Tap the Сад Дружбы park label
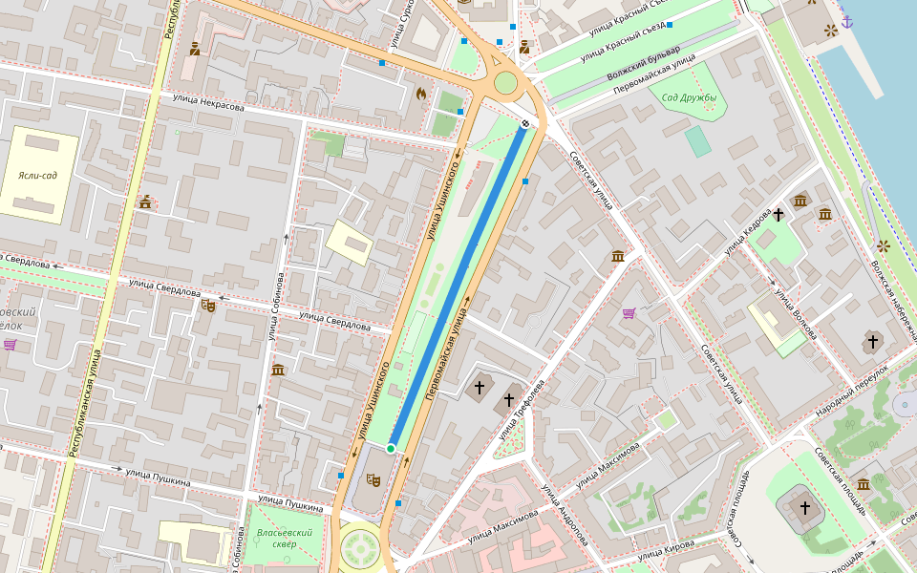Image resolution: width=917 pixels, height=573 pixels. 689,96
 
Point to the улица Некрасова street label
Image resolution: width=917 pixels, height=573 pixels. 208,102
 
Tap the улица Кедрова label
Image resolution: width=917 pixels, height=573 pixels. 747,232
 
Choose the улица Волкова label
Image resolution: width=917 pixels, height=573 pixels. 796,313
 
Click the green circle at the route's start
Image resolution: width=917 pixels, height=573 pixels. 391,448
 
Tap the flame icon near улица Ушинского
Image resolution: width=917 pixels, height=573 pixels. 420,94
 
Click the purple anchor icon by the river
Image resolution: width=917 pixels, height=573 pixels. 845,20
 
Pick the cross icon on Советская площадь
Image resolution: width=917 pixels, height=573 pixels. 804,507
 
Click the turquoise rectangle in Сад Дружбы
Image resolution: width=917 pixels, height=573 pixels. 698,141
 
